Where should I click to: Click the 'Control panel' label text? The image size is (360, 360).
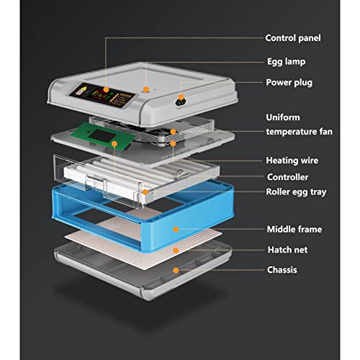[x=293, y=38]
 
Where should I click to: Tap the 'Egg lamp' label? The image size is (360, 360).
[x=287, y=62]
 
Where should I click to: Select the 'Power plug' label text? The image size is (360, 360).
[x=289, y=83]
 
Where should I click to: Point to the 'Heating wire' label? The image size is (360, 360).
[x=292, y=161]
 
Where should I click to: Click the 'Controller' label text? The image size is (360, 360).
[x=287, y=177]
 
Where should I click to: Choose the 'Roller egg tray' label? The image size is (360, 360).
[x=296, y=192]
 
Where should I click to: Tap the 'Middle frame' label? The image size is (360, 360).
[x=294, y=229]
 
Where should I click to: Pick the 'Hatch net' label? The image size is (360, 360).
[x=287, y=250]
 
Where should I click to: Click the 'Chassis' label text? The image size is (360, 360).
[x=282, y=270]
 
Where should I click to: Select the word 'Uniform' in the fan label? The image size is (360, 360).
[x=283, y=117]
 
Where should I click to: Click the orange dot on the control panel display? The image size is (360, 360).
[x=106, y=90]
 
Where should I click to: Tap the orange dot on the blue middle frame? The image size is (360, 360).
[x=176, y=230]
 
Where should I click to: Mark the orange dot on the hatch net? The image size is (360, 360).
[x=176, y=251]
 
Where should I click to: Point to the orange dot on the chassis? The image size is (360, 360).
[x=176, y=271]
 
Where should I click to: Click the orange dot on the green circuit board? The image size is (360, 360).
[x=114, y=144]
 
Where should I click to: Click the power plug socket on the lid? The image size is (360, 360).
[x=181, y=102]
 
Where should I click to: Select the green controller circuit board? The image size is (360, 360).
[x=103, y=136]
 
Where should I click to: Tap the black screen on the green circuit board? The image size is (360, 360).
[x=102, y=136]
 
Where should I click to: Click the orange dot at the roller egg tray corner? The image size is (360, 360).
[x=145, y=192]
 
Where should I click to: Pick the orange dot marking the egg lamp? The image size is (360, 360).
[x=145, y=89]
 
